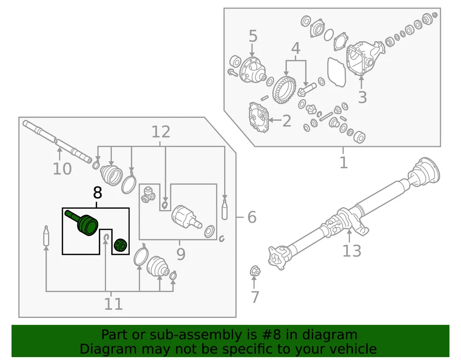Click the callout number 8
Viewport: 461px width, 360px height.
pos(97,193)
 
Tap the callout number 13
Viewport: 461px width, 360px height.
pos(352,250)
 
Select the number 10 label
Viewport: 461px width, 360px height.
pos(62,169)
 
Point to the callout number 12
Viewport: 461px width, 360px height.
pos(161,132)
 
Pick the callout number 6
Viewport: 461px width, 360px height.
pos(252,218)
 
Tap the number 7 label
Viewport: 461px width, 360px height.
pos(255,297)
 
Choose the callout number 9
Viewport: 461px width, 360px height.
pos(180,253)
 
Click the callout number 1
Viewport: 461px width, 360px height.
pos(343,162)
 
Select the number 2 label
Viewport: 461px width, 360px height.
pos(286,121)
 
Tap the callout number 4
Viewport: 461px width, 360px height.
pos(295,48)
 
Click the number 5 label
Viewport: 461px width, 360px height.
pos(253,36)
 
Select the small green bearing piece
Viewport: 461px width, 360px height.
pos(120,245)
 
